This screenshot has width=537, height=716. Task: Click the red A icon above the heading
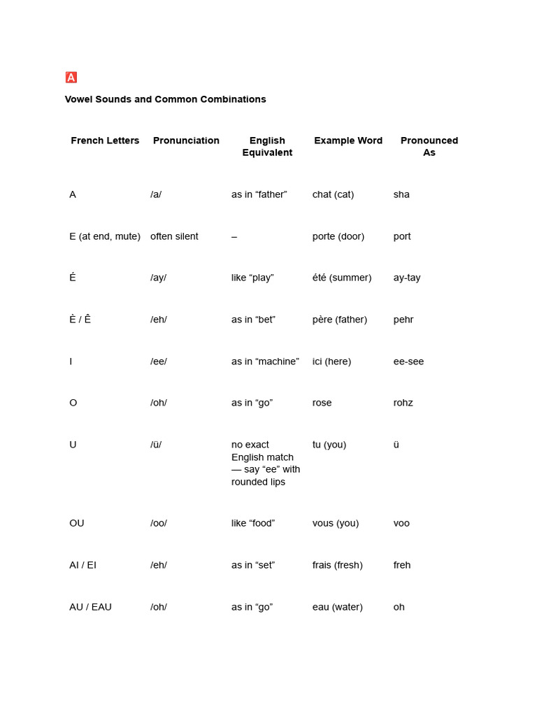71,77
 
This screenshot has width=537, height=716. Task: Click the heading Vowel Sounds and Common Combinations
165,99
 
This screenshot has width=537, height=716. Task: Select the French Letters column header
105,141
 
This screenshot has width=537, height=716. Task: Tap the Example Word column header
348,141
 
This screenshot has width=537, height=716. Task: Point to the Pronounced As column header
429,146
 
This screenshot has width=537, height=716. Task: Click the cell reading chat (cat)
333,194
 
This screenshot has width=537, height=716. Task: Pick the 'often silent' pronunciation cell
174,236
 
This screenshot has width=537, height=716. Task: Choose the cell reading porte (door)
338,236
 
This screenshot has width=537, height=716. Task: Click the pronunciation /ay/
158,278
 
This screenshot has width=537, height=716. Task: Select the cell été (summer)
342,278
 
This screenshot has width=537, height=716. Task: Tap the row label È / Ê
80,320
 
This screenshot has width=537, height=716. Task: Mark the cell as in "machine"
265,361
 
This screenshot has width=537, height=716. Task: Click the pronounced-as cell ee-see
408,361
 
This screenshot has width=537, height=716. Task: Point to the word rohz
403,403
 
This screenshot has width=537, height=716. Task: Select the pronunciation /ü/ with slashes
156,445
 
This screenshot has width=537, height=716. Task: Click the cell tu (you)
329,445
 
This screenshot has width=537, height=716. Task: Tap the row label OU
77,523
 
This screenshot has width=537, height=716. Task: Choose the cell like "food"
253,523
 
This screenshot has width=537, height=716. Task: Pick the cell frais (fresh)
337,565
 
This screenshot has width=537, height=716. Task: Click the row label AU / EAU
90,607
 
